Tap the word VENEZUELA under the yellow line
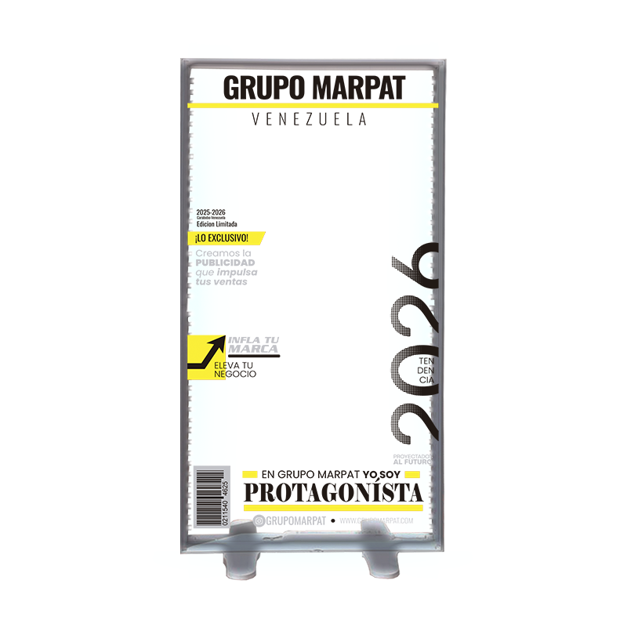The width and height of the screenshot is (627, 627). (x=310, y=120)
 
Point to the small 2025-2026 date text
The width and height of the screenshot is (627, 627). (x=211, y=212)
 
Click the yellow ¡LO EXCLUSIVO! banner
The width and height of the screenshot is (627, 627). (x=224, y=237)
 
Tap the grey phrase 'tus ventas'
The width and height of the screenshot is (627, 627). (x=221, y=281)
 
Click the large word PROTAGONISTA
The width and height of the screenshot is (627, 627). (x=333, y=493)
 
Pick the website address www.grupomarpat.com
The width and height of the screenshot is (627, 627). (x=376, y=520)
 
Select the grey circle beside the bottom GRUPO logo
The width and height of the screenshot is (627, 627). (x=259, y=520)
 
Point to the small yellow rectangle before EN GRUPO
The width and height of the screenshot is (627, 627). (x=250, y=473)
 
